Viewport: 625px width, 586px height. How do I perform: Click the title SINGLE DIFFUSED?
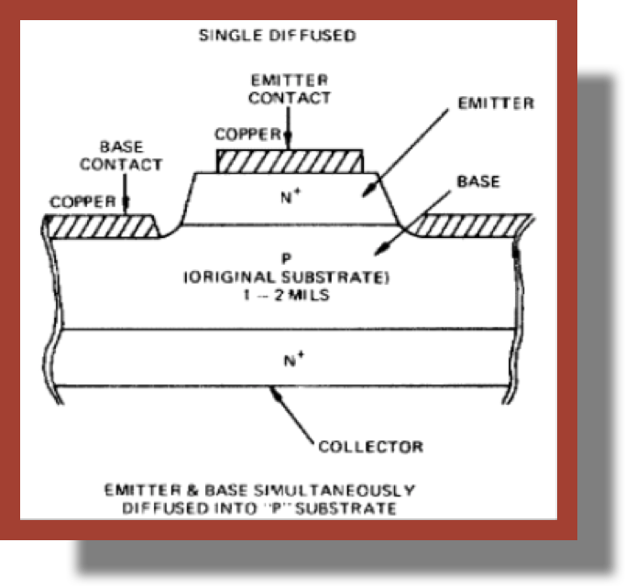point(278,37)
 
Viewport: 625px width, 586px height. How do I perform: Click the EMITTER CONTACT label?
point(289,89)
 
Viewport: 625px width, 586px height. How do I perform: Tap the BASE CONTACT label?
point(120,156)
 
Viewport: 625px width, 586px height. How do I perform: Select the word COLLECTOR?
point(370,447)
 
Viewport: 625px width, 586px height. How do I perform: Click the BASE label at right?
point(478,182)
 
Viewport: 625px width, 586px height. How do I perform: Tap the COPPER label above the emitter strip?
point(247,135)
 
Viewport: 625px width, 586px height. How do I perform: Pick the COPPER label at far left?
point(82,201)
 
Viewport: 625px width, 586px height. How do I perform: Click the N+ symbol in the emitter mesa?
point(290,194)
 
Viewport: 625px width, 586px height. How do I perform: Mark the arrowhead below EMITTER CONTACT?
point(288,143)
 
